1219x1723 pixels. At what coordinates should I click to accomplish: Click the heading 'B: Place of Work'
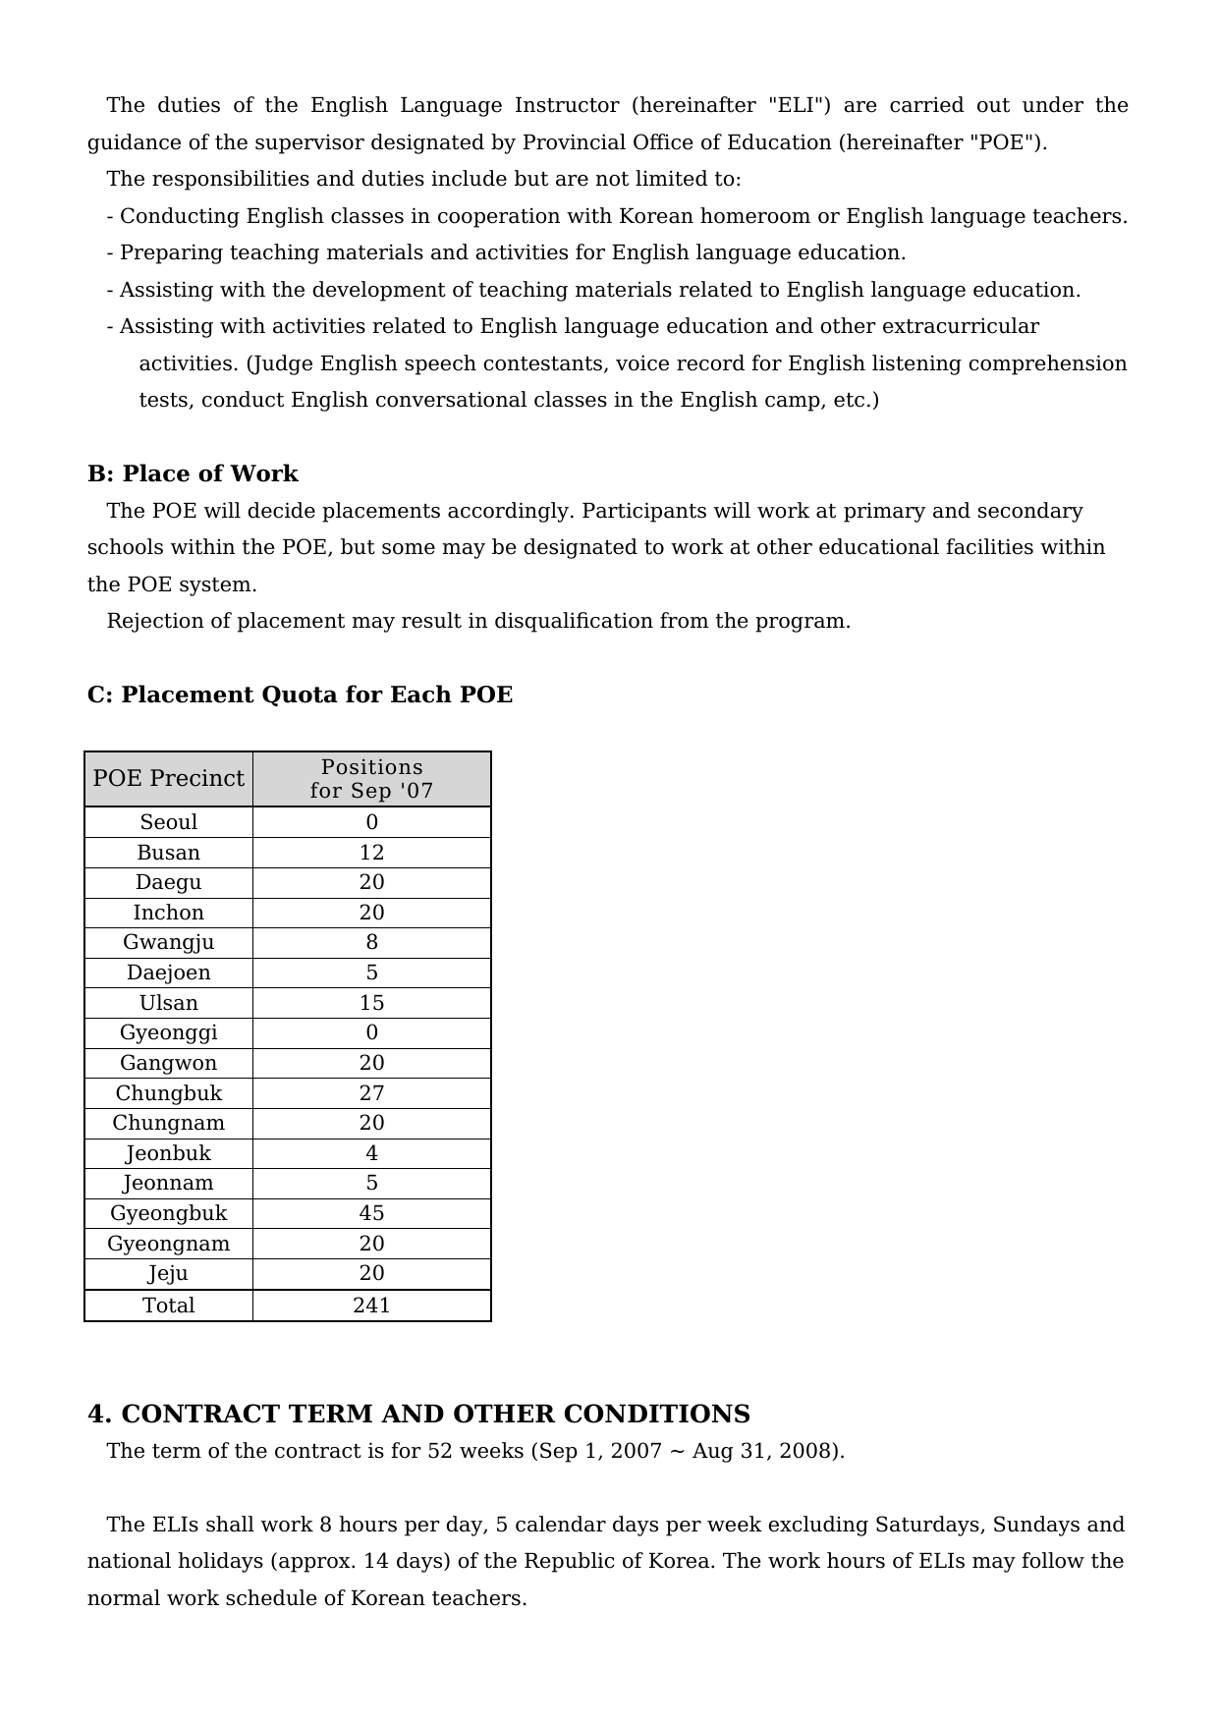tap(193, 473)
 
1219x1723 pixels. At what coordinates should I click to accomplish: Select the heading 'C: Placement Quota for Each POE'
tap(300, 695)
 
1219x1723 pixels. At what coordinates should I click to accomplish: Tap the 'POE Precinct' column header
tap(169, 779)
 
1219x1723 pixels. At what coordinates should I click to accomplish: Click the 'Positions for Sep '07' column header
tap(371, 779)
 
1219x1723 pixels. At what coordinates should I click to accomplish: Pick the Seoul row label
tap(169, 822)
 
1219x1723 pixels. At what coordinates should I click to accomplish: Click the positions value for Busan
tap(371, 853)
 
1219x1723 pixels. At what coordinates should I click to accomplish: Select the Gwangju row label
tap(169, 943)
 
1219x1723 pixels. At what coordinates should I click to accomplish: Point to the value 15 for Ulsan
tap(371, 1003)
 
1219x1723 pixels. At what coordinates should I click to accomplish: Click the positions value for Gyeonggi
tap(371, 1032)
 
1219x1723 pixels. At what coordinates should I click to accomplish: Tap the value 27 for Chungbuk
tap(371, 1093)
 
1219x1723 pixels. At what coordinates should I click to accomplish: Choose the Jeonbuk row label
tap(169, 1153)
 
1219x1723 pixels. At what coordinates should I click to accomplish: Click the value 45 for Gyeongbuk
tap(371, 1213)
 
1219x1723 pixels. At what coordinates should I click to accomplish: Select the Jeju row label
tap(169, 1273)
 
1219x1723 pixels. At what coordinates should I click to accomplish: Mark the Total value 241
tap(371, 1306)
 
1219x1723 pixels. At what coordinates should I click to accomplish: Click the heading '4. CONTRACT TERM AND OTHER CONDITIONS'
tap(418, 1414)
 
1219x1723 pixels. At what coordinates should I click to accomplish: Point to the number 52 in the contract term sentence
tap(440, 1451)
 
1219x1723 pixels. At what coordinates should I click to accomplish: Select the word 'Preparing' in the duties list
tap(171, 252)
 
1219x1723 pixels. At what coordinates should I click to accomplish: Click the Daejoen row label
tap(169, 973)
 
